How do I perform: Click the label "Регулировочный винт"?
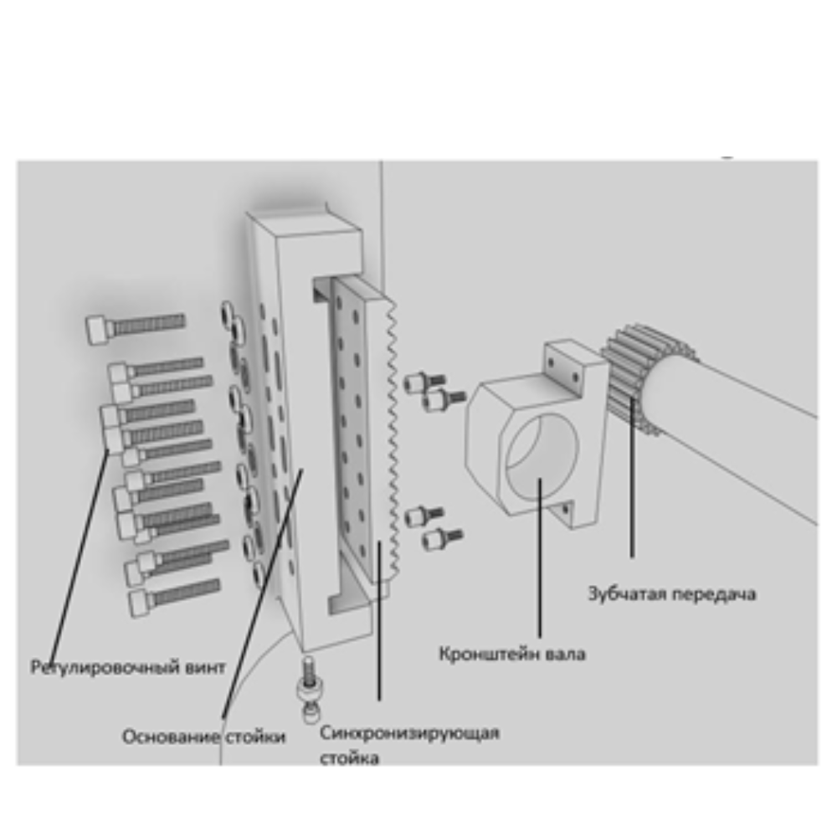point(128,667)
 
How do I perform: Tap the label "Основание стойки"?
point(204,737)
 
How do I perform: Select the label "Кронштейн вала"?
point(512,654)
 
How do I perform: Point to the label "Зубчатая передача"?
point(671,593)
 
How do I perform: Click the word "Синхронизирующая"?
point(409,733)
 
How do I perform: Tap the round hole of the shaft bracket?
point(542,454)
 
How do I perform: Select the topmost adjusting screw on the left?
point(135,326)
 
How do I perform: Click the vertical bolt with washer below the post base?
point(309,689)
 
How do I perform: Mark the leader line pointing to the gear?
point(632,478)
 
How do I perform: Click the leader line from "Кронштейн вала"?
point(539,557)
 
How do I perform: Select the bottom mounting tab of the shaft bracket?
point(565,512)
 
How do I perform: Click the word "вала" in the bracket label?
point(565,654)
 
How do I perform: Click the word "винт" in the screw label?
point(206,667)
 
